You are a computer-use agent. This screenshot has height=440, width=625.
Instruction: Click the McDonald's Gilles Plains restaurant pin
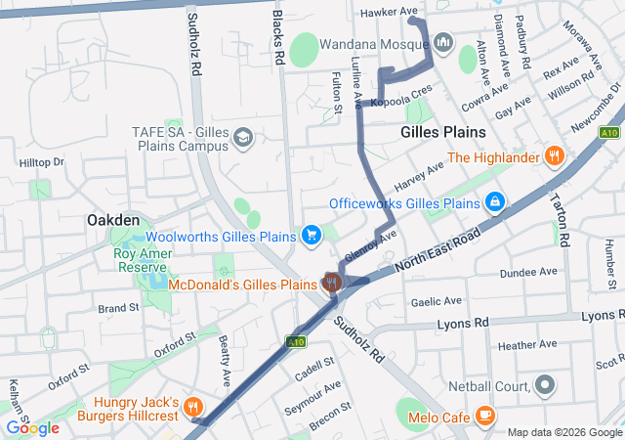point(332,284)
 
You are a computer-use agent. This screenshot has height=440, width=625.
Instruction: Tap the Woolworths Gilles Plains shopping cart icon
point(311,234)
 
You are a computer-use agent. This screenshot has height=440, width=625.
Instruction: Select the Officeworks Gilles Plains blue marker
point(495,202)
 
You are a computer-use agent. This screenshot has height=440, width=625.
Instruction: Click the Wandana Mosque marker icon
point(443,42)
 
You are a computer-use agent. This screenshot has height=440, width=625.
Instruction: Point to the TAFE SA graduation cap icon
point(240,138)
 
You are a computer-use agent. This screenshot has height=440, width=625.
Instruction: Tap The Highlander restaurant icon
point(554,154)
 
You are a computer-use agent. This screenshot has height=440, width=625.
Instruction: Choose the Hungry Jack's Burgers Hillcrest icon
point(192,408)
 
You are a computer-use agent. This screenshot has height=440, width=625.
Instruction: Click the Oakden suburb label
point(112,220)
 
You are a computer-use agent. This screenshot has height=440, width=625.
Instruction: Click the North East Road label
point(438,251)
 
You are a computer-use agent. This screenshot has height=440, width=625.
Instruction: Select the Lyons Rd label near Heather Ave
point(462,323)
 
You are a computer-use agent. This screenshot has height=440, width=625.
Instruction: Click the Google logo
point(32,427)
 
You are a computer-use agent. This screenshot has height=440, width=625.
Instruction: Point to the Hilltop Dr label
point(40,161)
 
